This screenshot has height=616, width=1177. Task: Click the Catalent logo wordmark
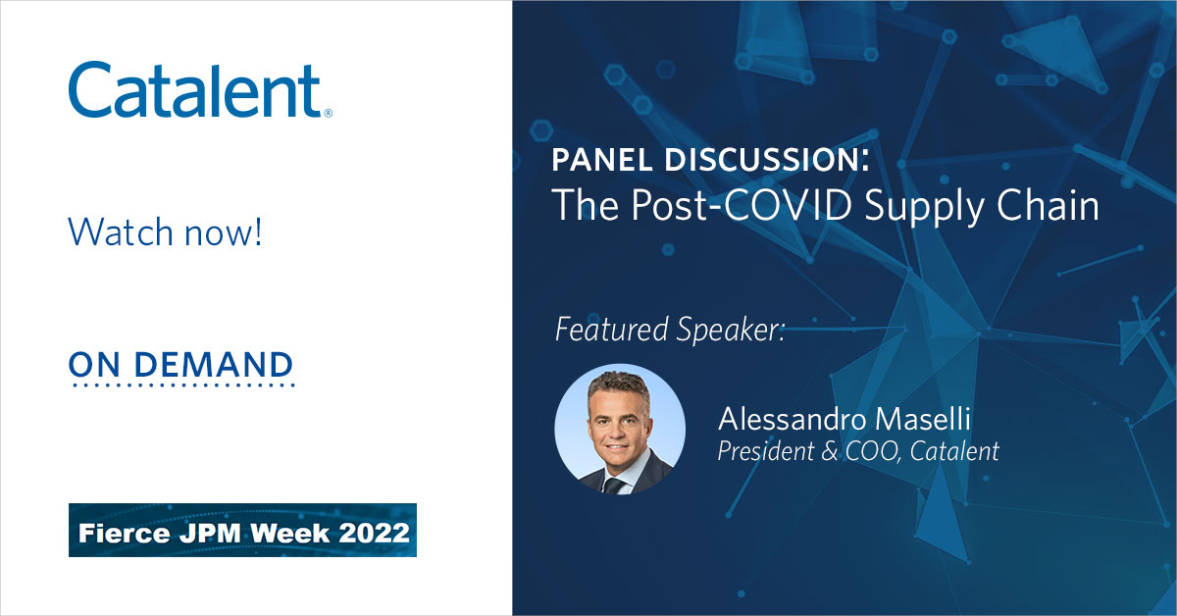[194, 90]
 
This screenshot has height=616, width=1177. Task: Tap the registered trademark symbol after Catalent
[328, 113]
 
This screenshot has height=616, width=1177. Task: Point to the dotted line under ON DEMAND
[181, 385]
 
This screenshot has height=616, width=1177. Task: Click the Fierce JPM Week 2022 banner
[242, 530]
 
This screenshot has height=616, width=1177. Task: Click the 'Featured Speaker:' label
[670, 330]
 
